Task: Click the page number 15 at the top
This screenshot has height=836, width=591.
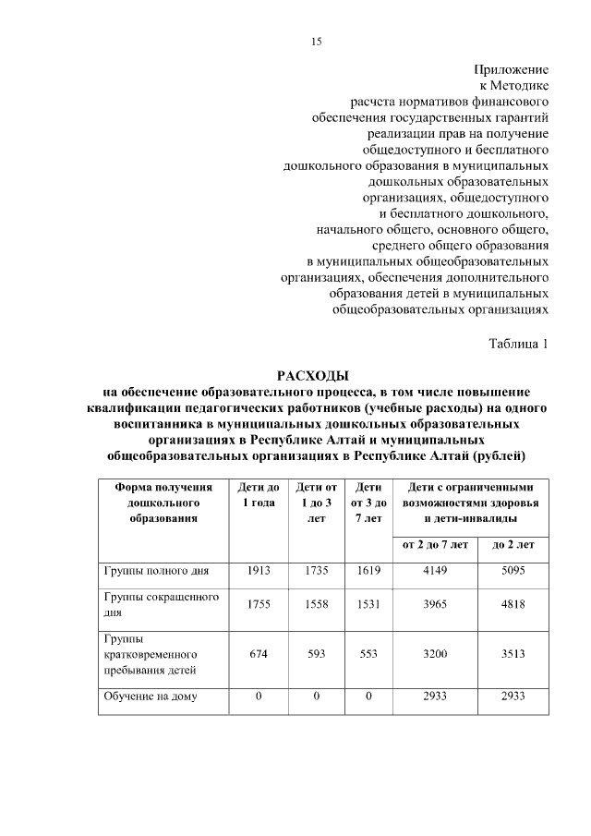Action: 316,41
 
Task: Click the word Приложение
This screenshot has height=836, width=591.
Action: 512,69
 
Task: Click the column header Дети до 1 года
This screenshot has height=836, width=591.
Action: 259,494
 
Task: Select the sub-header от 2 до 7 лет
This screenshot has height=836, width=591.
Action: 435,545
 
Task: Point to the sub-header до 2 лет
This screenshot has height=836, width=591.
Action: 513,545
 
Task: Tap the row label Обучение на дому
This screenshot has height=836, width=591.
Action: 149,697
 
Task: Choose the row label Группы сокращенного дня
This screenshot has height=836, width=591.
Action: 160,604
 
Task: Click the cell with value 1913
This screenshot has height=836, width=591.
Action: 259,571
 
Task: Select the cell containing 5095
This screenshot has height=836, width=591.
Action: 513,571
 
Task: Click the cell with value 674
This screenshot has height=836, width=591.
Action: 259,652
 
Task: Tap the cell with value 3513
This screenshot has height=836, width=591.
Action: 513,652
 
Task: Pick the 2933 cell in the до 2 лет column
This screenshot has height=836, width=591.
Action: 513,697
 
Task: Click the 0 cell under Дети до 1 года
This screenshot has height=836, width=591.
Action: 259,697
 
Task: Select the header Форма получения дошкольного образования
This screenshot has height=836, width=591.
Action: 163,503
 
